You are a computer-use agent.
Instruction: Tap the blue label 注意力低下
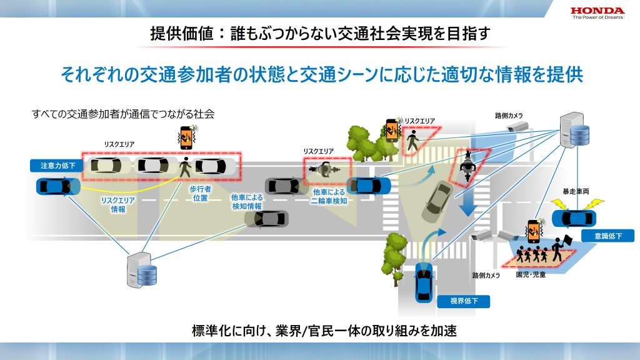(x=57, y=166)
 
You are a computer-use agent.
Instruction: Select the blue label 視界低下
(x=464, y=301)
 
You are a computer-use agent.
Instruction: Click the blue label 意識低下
(x=607, y=236)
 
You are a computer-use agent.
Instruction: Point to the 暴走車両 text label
(x=576, y=191)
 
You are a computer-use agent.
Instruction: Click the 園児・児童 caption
(x=531, y=275)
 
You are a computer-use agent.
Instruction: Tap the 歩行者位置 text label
(x=200, y=194)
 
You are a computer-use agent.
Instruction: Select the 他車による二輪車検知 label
(x=329, y=196)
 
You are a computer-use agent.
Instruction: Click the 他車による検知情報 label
(x=247, y=202)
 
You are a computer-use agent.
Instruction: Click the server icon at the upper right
(x=574, y=130)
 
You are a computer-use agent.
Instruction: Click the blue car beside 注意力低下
(x=58, y=186)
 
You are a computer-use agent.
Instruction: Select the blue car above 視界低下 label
(x=424, y=282)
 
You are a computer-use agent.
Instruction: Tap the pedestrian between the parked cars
(x=185, y=167)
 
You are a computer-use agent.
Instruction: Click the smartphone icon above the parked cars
(x=186, y=138)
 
